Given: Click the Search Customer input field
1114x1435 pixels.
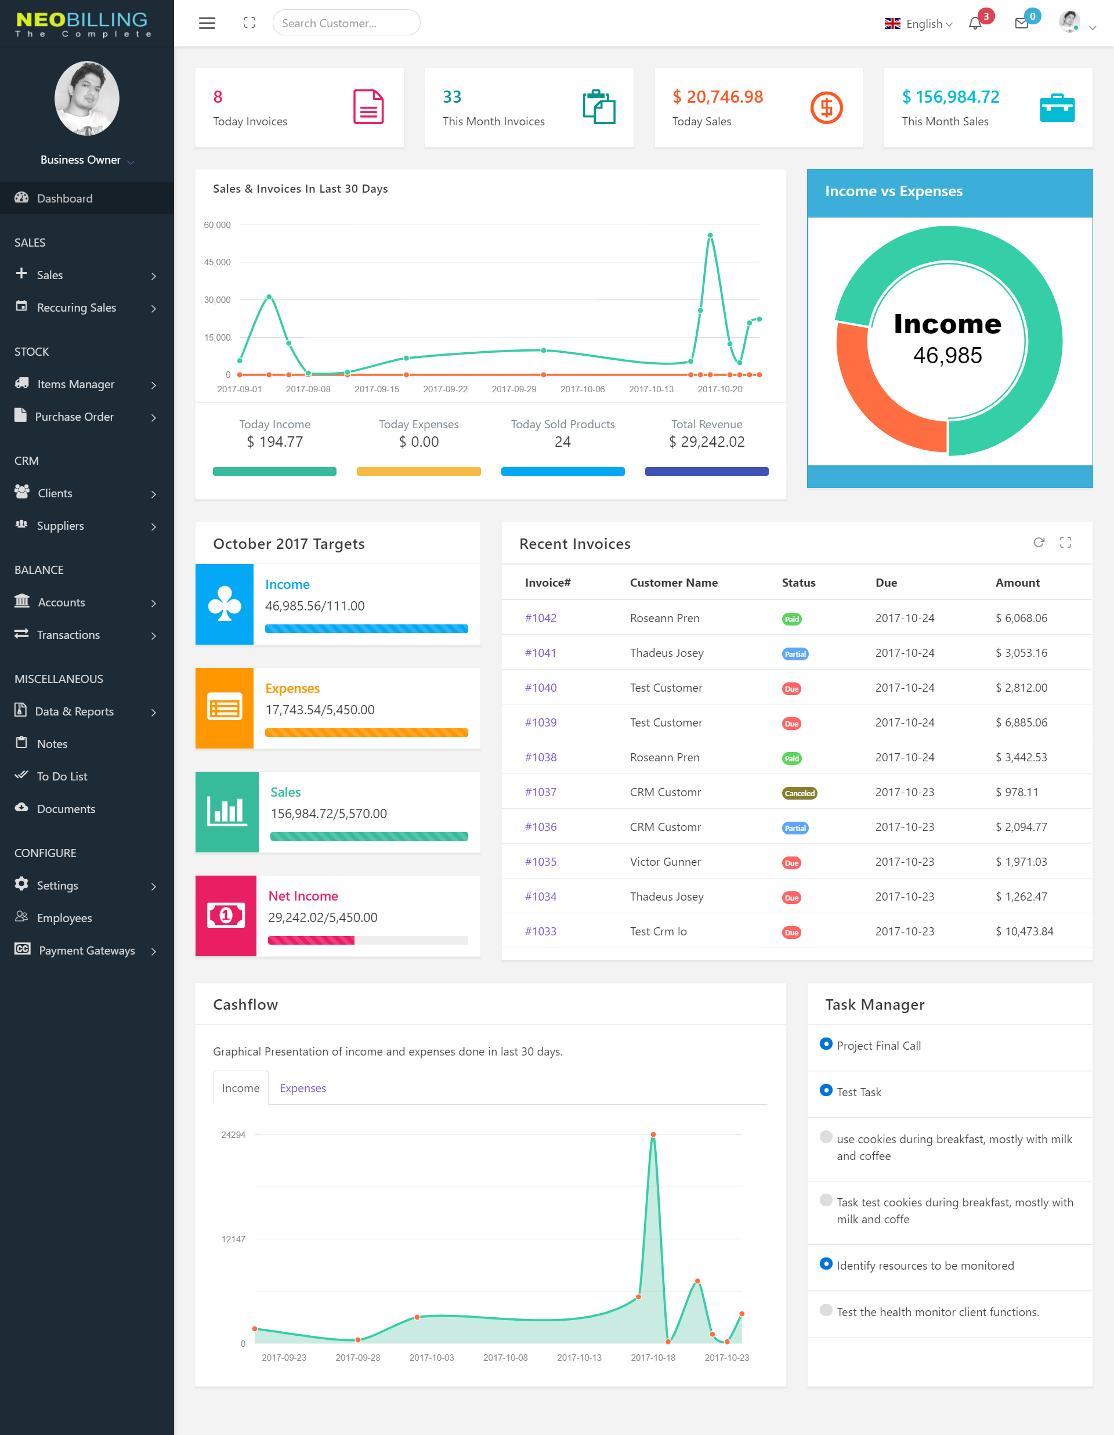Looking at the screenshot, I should point(346,23).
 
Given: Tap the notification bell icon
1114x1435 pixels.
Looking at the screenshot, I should point(975,24).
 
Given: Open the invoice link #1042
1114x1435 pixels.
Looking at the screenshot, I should point(540,617).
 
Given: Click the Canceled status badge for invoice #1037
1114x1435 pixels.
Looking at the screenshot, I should point(799,793).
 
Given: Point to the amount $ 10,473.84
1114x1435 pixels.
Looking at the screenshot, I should point(1023,931).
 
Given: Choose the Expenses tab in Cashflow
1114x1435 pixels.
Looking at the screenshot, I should point(302,1088).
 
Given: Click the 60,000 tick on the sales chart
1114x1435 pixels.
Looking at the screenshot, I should point(218,225).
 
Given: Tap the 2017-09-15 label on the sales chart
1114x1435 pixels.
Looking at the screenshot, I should point(377,389).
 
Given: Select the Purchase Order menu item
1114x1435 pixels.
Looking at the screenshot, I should point(74,417).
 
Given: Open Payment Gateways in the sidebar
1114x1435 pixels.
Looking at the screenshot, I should point(86,950).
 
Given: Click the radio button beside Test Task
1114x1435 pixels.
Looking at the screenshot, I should point(826,1091).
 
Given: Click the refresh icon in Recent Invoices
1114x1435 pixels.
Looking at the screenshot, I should point(1039,543).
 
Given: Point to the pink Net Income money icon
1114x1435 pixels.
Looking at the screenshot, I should point(225,915).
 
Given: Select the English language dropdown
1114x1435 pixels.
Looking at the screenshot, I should point(918,24).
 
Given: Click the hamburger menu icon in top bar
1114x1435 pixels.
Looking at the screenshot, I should point(207,23).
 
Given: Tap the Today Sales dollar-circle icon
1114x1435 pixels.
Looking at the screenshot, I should point(826,108).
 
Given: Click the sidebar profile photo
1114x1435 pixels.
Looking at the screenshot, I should point(86,99).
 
